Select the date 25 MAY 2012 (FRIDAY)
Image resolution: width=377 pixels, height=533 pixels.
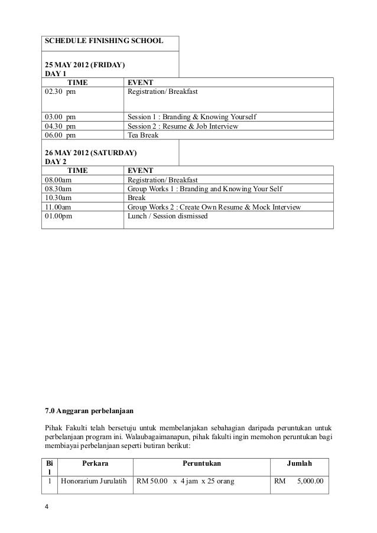[84, 64]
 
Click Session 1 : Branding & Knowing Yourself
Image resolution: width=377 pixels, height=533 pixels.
[193, 116]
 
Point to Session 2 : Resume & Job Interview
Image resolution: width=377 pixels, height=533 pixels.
[183, 126]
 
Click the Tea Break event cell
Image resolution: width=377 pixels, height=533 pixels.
[144, 135]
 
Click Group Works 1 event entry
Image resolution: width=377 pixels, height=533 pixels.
[205, 189]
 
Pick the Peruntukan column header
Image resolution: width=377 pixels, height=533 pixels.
[202, 465]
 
